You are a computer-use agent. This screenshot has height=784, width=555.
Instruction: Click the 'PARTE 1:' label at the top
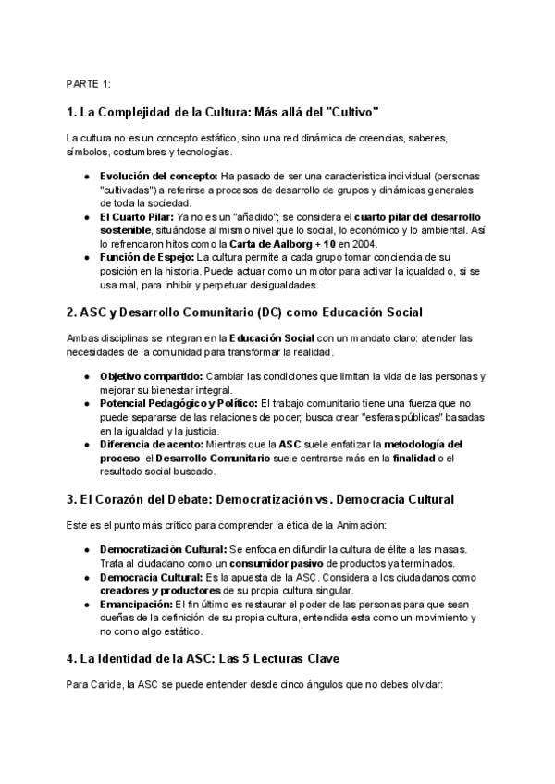pyautogui.click(x=89, y=84)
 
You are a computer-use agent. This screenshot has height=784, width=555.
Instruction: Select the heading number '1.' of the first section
pyautogui.click(x=72, y=113)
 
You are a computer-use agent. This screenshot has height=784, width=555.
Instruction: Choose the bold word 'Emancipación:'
pyautogui.click(x=134, y=606)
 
